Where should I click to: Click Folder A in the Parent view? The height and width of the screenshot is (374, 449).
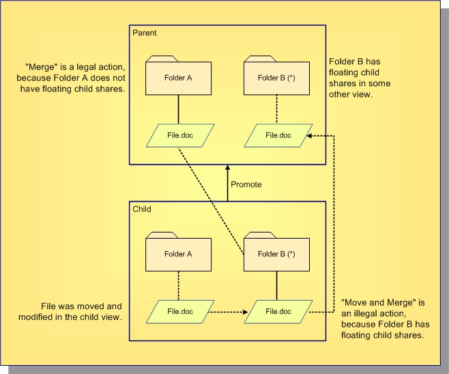(x=179, y=77)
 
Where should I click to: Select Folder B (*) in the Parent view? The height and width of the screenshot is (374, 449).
(x=276, y=77)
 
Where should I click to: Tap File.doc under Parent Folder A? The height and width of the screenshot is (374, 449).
(x=179, y=136)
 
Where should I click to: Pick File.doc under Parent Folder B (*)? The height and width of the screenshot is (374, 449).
(x=276, y=136)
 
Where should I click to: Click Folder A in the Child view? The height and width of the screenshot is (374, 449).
(x=179, y=254)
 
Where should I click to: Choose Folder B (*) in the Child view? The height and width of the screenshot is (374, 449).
(x=276, y=254)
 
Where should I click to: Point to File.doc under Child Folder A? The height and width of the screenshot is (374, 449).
(x=179, y=312)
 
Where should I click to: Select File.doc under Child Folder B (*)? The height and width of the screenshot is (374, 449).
(x=276, y=312)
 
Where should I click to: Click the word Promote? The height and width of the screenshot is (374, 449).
(x=246, y=185)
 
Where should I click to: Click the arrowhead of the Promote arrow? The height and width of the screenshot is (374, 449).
(x=227, y=168)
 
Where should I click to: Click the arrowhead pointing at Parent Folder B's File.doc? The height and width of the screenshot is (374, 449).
(x=308, y=136)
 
